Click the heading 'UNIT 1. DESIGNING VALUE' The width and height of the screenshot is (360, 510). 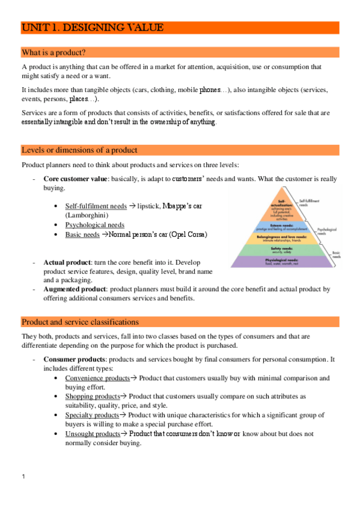pyautogui.click(x=92, y=28)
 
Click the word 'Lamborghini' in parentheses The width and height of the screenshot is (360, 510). pyautogui.click(x=87, y=215)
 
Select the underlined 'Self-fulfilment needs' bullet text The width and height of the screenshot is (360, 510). pyautogui.click(x=96, y=206)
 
